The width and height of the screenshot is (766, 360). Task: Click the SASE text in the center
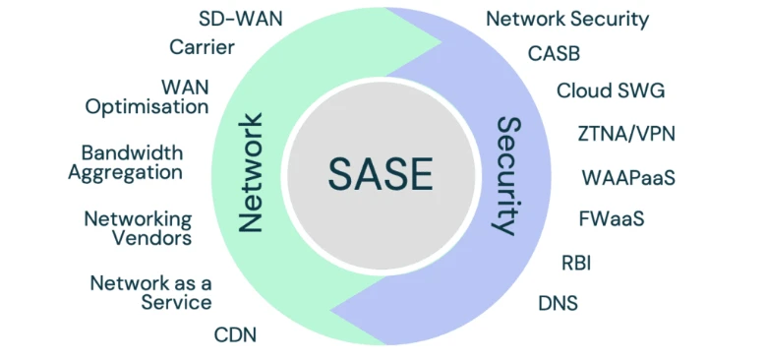click(380, 174)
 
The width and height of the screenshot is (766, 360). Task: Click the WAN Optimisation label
click(147, 96)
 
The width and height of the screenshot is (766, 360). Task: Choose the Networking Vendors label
click(137, 227)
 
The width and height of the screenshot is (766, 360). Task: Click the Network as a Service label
click(150, 292)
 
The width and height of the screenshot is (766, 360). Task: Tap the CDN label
click(235, 334)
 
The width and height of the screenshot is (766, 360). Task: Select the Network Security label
click(567, 18)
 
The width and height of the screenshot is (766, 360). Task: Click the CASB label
click(554, 52)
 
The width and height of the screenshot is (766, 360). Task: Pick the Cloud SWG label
click(610, 90)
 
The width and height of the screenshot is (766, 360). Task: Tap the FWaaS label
click(613, 218)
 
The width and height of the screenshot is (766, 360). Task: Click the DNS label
click(558, 302)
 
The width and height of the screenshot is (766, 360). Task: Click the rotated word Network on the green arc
click(252, 173)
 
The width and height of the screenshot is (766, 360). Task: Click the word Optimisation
click(147, 106)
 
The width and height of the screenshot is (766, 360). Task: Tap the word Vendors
click(150, 237)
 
